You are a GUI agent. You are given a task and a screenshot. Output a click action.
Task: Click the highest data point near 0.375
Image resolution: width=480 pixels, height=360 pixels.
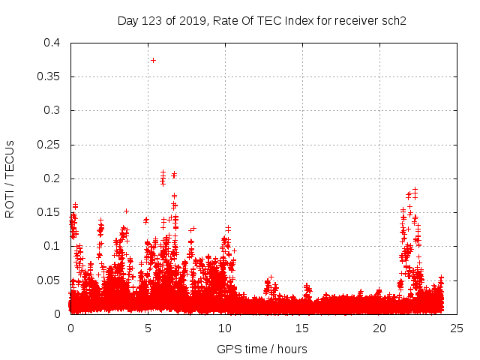coord(153,60)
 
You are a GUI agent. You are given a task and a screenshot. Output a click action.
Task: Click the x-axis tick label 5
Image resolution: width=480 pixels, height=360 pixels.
coord(148,328)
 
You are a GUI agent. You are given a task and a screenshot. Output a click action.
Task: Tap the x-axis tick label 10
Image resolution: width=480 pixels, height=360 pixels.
coord(225,328)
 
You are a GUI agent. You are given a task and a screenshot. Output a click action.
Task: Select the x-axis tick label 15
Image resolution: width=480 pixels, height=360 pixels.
coord(302,328)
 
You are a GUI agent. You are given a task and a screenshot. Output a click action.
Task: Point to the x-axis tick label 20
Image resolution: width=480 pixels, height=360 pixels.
coord(379,328)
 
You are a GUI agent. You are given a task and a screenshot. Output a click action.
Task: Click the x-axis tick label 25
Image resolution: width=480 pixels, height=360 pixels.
coord(457,328)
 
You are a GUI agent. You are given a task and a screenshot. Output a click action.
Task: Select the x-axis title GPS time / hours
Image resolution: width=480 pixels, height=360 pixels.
coord(262,349)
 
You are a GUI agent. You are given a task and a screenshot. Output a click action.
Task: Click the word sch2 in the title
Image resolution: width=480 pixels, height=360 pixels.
coord(393,20)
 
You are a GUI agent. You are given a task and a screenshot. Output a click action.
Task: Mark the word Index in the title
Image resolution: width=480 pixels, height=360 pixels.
coord(297,20)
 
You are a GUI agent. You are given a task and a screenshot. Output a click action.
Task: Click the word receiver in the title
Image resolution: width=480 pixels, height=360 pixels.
coord(352,20)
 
